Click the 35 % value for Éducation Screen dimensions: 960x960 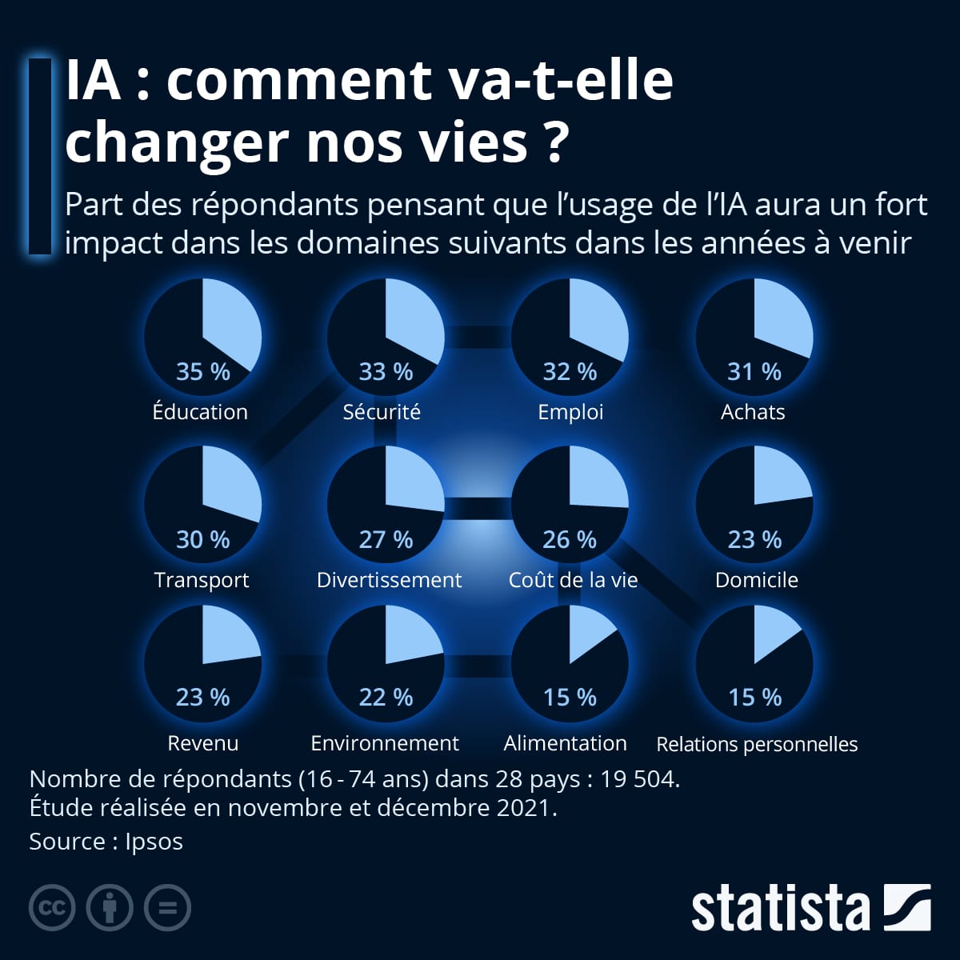202,372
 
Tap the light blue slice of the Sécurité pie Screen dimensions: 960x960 412,324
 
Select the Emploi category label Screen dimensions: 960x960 570,412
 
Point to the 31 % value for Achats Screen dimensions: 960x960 754,372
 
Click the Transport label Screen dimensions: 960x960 202,580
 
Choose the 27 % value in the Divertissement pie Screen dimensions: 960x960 386,540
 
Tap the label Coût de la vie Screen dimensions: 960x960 573,580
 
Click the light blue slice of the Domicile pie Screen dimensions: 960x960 779,480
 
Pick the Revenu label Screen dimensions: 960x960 202,743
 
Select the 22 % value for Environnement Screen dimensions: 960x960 386,698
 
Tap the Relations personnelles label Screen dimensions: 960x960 757,744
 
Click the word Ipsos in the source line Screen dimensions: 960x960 154,842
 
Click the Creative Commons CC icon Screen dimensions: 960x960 52,908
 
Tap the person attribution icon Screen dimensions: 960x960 110,908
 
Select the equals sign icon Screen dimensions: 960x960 167,908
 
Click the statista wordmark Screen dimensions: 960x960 780,908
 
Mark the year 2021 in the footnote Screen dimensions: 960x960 523,808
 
